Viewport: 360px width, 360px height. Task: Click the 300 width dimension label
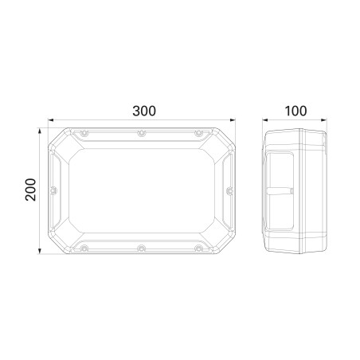pyautogui.click(x=144, y=111)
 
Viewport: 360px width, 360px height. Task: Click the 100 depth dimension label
pyautogui.click(x=295, y=111)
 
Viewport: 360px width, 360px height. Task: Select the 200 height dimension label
pyautogui.click(x=30, y=190)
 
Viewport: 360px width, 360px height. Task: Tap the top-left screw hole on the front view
pyautogui.click(x=84, y=133)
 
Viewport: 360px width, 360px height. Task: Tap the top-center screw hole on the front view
pyautogui.click(x=142, y=133)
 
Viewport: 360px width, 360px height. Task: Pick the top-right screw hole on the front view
pyautogui.click(x=199, y=133)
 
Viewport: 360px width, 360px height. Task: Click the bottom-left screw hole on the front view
pyautogui.click(x=84, y=248)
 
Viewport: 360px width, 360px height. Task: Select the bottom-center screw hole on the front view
pyautogui.click(x=142, y=248)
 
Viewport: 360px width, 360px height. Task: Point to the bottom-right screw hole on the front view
pyautogui.click(x=199, y=248)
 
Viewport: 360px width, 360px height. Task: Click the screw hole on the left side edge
pyautogui.click(x=53, y=190)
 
